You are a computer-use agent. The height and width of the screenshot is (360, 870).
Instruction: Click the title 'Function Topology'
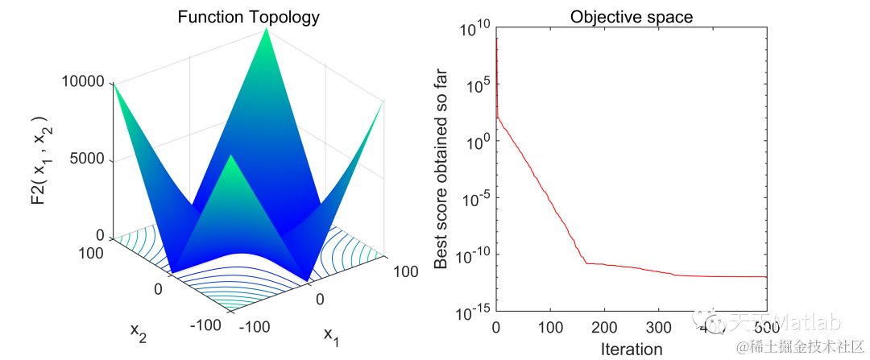tap(249, 16)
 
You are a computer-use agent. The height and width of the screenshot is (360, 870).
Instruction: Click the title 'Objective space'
tap(632, 16)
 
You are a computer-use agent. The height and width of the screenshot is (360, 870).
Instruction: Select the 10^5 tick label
tap(475, 85)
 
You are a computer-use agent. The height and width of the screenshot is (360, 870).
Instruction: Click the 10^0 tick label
tap(475, 142)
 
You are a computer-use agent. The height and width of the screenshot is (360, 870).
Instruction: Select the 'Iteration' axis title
tap(632, 349)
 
